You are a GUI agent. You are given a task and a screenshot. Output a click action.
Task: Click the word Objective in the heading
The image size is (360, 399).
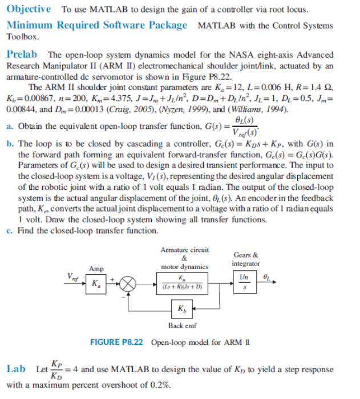point(29,9)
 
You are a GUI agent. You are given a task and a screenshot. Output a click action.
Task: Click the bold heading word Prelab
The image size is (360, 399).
point(22,54)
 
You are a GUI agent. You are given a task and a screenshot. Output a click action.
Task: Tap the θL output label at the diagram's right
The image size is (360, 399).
point(266,276)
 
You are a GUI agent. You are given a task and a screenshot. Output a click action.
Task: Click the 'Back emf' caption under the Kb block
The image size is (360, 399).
point(180,325)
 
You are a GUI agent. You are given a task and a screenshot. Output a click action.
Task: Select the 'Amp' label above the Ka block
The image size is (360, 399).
point(95,268)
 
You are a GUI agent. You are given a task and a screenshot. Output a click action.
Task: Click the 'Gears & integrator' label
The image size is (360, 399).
point(245,259)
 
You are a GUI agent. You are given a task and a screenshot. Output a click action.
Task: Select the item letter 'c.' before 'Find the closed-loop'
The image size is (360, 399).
point(10,230)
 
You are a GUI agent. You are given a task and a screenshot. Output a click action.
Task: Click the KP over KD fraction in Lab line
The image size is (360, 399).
point(56,369)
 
